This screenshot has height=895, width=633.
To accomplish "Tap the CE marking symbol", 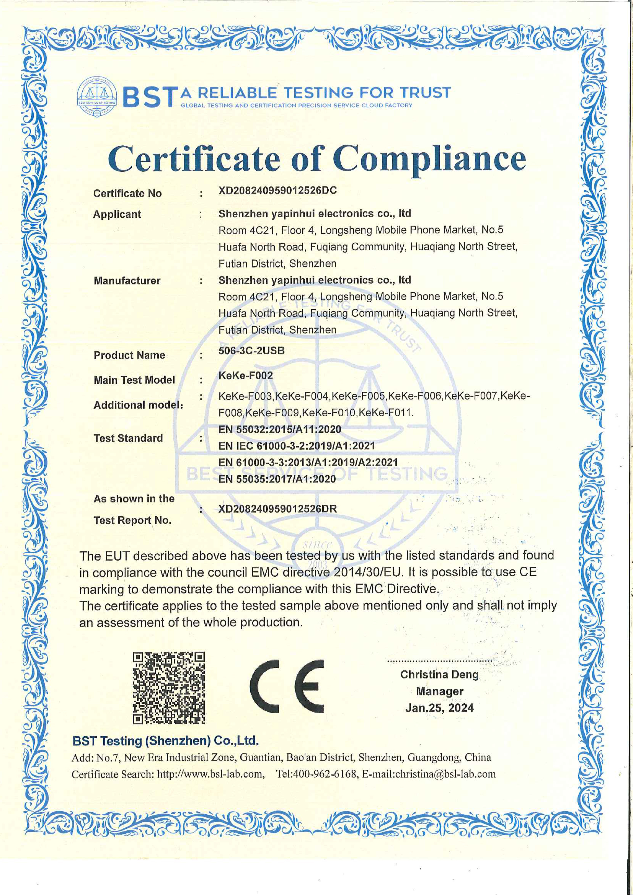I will (287, 686).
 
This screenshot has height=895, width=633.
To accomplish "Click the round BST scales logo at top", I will (97, 97).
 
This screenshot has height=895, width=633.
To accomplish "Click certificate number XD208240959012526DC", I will (278, 191).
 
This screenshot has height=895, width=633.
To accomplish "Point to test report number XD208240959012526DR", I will (278, 509).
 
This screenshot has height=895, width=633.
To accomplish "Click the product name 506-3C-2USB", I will (251, 351).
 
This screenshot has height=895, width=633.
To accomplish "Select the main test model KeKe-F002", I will (245, 376).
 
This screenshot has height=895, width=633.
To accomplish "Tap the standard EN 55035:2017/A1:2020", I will (277, 479).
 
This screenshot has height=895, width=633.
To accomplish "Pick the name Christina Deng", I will (439, 674).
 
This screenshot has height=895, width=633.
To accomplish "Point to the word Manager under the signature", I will (440, 691).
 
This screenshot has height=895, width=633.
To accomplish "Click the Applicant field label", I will (117, 214).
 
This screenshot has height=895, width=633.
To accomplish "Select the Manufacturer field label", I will (127, 281).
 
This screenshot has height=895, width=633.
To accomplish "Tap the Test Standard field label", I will (128, 438).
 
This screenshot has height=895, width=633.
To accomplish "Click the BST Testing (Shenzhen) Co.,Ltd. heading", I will (165, 741).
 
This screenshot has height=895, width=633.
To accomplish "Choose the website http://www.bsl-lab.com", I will (210, 774).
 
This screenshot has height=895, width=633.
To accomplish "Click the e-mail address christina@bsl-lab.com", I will (445, 774).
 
